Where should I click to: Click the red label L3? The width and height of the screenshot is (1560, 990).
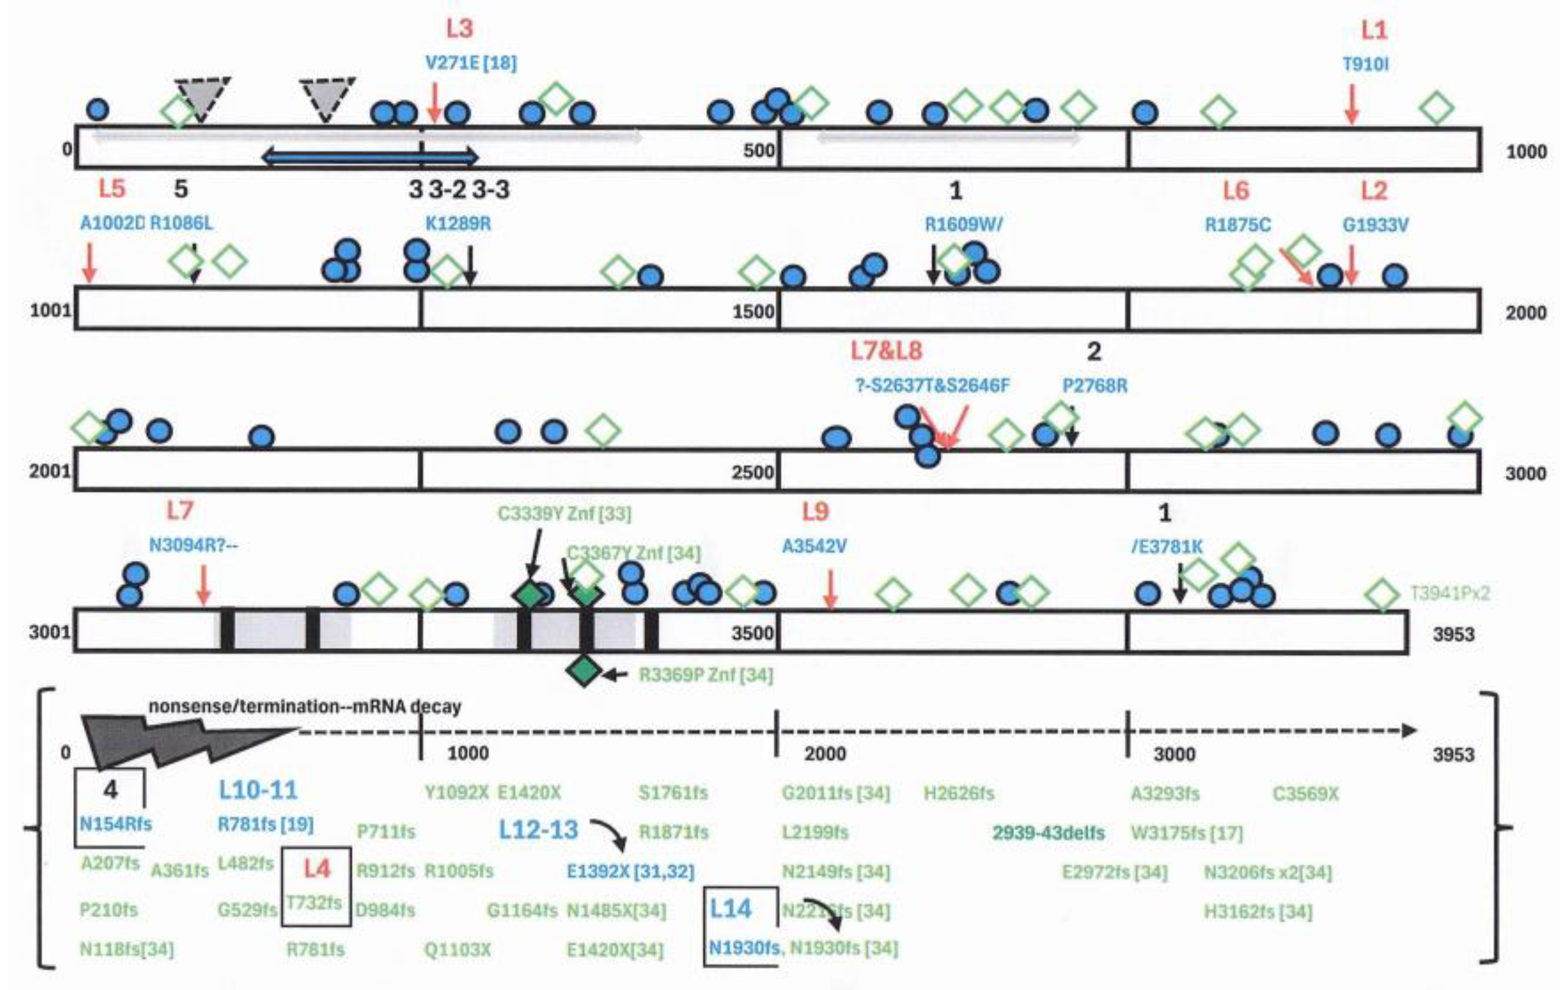[x=459, y=28]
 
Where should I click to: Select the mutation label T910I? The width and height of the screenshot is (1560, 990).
[x=1365, y=65]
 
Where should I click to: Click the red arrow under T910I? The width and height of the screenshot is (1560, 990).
[x=1351, y=103]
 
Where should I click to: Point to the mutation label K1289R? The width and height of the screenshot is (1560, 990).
[x=458, y=224]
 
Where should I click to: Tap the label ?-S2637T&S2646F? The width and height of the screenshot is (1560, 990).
[x=932, y=386]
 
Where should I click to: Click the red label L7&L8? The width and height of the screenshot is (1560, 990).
[x=886, y=351]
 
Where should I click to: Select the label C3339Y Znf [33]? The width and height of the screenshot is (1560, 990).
[x=564, y=514]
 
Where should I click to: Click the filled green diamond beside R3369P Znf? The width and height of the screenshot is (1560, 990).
[x=584, y=671]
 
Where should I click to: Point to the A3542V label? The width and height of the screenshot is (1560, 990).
[x=814, y=547]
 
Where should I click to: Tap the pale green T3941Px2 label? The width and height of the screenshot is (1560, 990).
[x=1450, y=593]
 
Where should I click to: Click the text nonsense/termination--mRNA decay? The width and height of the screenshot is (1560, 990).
[x=304, y=707]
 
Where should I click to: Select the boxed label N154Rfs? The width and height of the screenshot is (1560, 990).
[x=115, y=824]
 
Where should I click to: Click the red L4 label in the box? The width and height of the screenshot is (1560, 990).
[x=317, y=869]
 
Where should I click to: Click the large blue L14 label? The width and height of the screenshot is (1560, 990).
[x=731, y=909]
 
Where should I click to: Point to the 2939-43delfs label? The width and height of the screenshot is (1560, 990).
[x=1048, y=833]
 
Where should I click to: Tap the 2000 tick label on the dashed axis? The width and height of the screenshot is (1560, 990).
[x=825, y=754]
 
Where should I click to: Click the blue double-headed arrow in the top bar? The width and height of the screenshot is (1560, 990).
[x=370, y=157]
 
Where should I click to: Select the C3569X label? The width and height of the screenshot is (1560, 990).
[x=1305, y=794]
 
